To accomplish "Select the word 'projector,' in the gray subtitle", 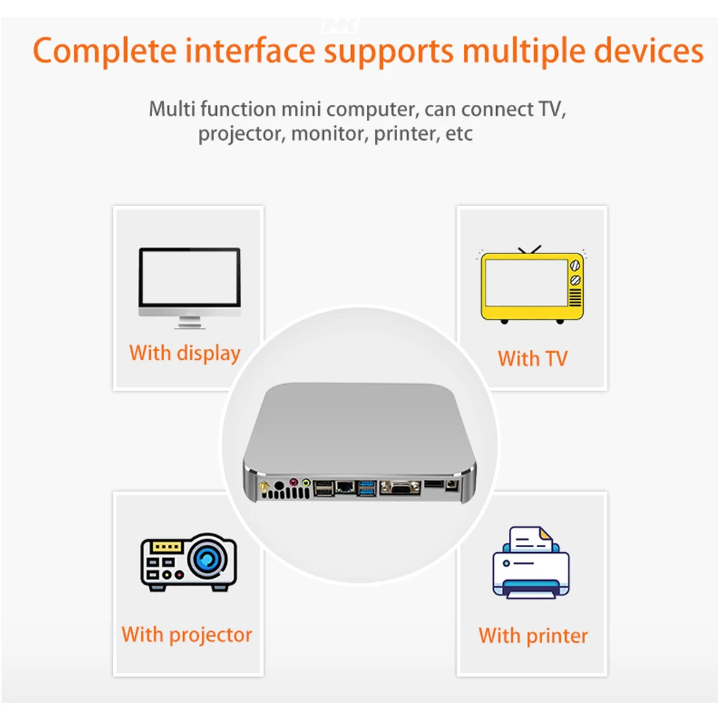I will (x=242, y=134).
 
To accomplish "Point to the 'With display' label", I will (x=185, y=353).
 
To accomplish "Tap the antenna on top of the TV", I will (x=530, y=250).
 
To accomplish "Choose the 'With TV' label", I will (x=532, y=358).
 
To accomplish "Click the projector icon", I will (x=187, y=562).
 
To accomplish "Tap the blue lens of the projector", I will (x=210, y=558).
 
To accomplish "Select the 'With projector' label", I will (x=187, y=635).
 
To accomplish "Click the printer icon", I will (x=531, y=563).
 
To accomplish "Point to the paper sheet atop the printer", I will (x=530, y=540).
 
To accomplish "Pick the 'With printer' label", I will (x=533, y=635).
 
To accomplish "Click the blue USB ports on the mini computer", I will (x=367, y=488).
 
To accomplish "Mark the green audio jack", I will (x=307, y=483).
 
